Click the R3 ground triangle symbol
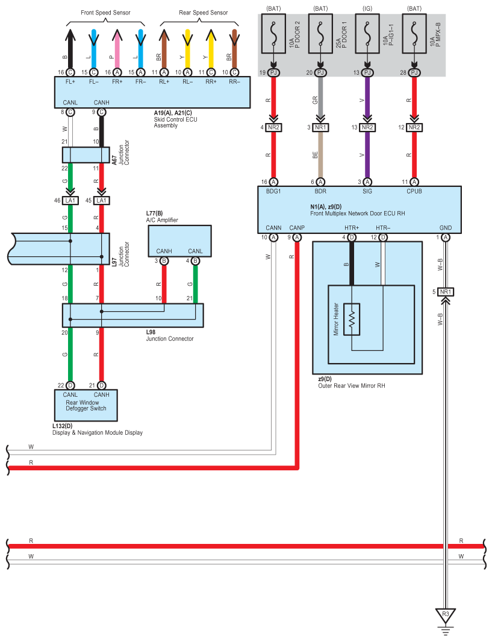click(446, 614)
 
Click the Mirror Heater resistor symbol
click(352, 318)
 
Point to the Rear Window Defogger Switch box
click(86, 405)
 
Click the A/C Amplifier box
click(179, 241)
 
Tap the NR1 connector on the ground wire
click(445, 292)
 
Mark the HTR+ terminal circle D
click(352, 238)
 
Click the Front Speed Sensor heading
click(105, 12)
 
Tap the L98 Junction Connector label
click(169, 335)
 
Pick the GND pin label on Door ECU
click(446, 227)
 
